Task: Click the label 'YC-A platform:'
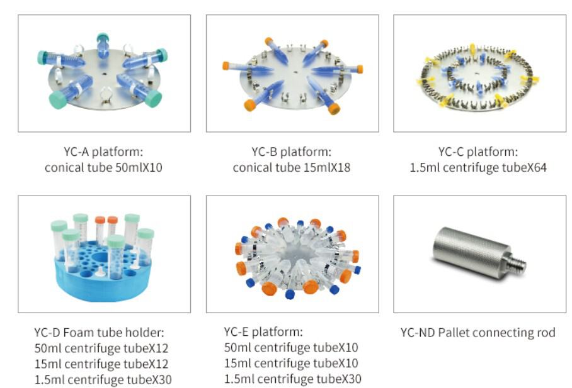tap(103, 152)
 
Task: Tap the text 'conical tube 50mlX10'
tap(103, 167)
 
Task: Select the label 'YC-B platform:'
tap(292, 152)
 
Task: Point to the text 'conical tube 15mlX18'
tap(292, 167)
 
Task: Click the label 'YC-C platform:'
tap(478, 152)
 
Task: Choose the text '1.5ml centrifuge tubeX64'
tap(478, 167)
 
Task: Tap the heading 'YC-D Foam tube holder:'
tap(100, 332)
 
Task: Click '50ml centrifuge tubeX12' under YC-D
tap(101, 348)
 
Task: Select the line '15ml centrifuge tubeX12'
tap(101, 363)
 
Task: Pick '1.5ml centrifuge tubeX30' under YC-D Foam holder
tap(103, 380)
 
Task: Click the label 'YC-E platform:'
tap(263, 331)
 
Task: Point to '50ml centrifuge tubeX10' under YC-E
tap(291, 347)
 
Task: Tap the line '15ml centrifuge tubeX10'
tap(291, 363)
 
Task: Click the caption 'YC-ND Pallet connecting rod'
tap(478, 332)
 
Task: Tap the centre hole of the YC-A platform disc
tap(105, 74)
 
